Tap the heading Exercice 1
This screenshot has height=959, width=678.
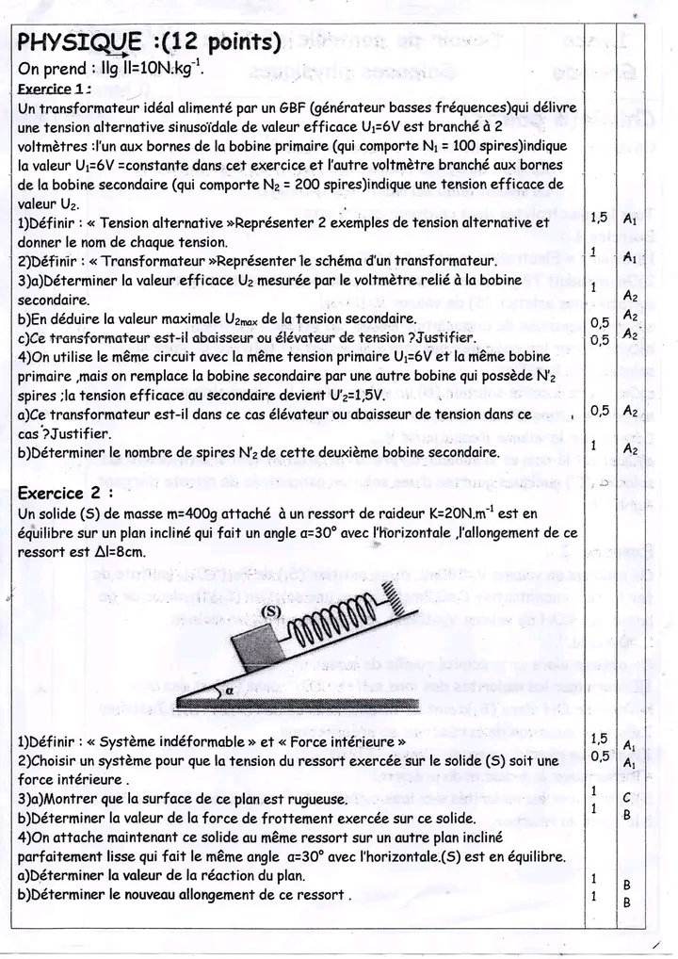pyautogui.click(x=55, y=89)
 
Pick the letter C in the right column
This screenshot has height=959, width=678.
pyautogui.click(x=627, y=797)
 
